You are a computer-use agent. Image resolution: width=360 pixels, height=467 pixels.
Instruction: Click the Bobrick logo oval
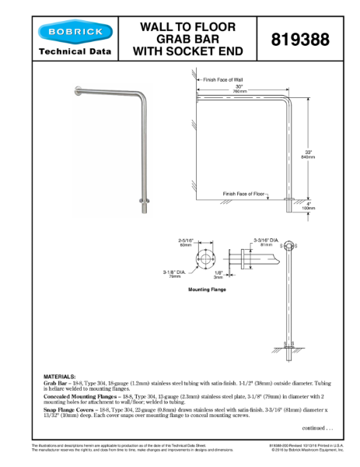pos(74,32)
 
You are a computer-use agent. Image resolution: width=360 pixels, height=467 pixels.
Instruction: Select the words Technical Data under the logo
pos(74,53)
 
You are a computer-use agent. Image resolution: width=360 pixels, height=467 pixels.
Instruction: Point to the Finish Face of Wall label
pos(222,79)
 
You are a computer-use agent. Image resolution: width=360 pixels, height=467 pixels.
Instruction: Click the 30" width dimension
pos(239,87)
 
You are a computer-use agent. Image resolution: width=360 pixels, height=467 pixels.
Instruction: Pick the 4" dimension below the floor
pos(308,205)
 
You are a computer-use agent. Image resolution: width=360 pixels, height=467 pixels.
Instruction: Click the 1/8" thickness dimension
pos(218,273)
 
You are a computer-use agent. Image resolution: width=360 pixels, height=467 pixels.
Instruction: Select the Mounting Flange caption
pos(207,290)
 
